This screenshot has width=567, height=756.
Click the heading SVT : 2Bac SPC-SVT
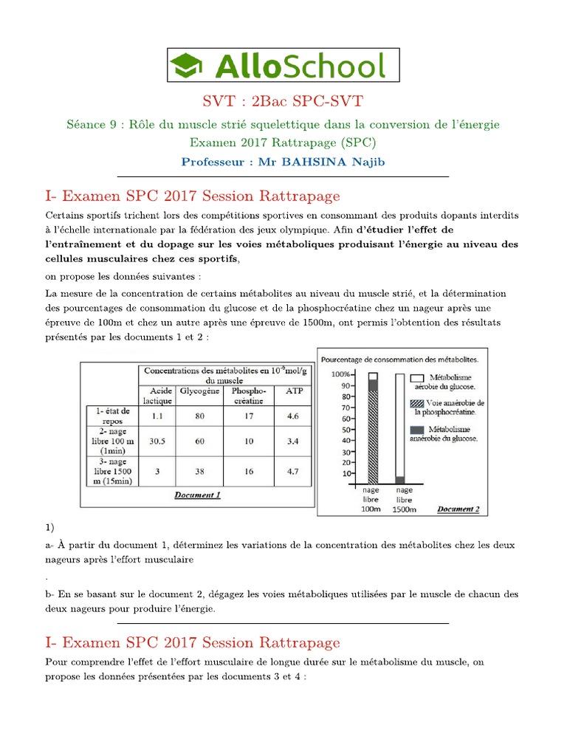point(283,101)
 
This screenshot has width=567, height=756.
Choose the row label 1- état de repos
point(110,415)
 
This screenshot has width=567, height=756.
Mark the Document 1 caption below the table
point(197,495)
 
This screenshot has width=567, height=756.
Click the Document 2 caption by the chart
point(458,509)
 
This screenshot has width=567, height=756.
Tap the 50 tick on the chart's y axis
point(346,430)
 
